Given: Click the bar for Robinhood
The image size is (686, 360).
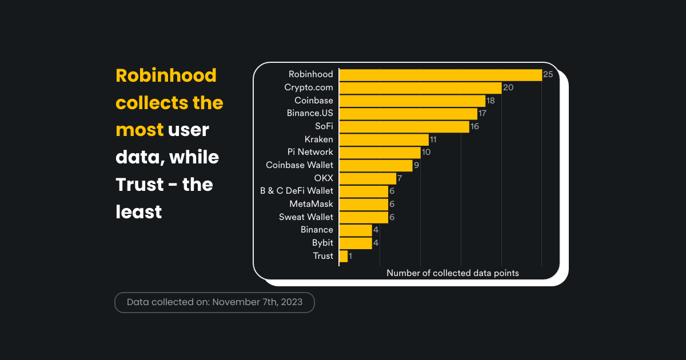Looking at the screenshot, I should coord(440,75).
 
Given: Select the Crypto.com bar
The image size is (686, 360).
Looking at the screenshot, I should coord(420,87).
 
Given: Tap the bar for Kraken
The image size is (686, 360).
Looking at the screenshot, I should coord(384,139).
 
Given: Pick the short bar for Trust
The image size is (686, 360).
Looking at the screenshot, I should coord(343,256).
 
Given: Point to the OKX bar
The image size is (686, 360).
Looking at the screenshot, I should coord(368,178).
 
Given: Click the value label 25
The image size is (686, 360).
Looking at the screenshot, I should coord(548,75).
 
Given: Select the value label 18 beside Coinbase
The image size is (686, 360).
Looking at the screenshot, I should coord(490,101).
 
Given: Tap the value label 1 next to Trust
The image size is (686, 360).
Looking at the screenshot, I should coord(350,256).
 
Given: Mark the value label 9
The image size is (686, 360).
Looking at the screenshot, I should coord(417,165).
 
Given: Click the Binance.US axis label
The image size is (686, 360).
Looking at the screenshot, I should coord(310,113).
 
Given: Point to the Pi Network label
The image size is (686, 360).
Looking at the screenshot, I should coord(310,152).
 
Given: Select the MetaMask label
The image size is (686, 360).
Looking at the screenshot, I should coord(311,204).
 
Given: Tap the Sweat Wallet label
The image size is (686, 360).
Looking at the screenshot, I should coord(306,217).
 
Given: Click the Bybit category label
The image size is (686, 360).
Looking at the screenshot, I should coord(322,243).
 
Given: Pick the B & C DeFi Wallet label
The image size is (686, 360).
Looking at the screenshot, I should coord(297,191).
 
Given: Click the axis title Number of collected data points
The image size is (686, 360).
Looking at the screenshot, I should coord(453,273).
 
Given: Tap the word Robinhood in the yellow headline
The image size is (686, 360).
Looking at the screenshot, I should coord(166,75).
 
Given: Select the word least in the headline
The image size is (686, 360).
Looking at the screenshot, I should coord(138,212).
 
